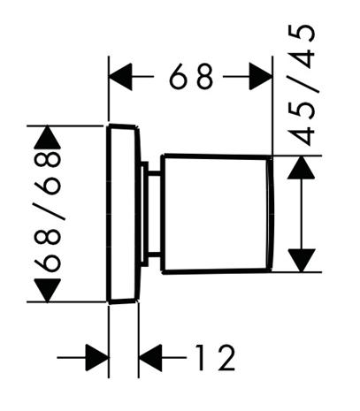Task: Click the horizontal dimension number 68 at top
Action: pyautogui.click(x=191, y=77)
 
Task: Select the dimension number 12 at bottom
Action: pyautogui.click(x=216, y=357)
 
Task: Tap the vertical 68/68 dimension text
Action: pyautogui.click(x=48, y=211)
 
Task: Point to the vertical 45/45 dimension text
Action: pyautogui.click(x=302, y=85)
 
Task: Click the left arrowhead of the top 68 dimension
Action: pyautogui.click(x=120, y=77)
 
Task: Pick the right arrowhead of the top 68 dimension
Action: pyautogui.click(x=261, y=77)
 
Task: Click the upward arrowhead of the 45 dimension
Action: pyautogui.click(x=301, y=167)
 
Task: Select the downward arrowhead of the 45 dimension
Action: pyautogui.click(x=302, y=260)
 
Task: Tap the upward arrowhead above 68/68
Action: pyautogui.click(x=47, y=137)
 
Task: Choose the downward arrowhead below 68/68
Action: pyautogui.click(x=48, y=290)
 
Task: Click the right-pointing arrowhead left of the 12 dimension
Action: pyautogui.click(x=97, y=357)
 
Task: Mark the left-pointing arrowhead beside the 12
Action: pyautogui.click(x=150, y=357)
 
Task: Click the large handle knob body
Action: pyautogui.click(x=217, y=214)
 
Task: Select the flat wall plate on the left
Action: pyautogui.click(x=123, y=214)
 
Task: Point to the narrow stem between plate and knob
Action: pyautogui.click(x=151, y=214)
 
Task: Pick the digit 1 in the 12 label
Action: pyautogui.click(x=201, y=357)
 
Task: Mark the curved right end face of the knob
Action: pyautogui.click(x=271, y=214)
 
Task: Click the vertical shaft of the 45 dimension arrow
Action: pyautogui.click(x=302, y=214)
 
